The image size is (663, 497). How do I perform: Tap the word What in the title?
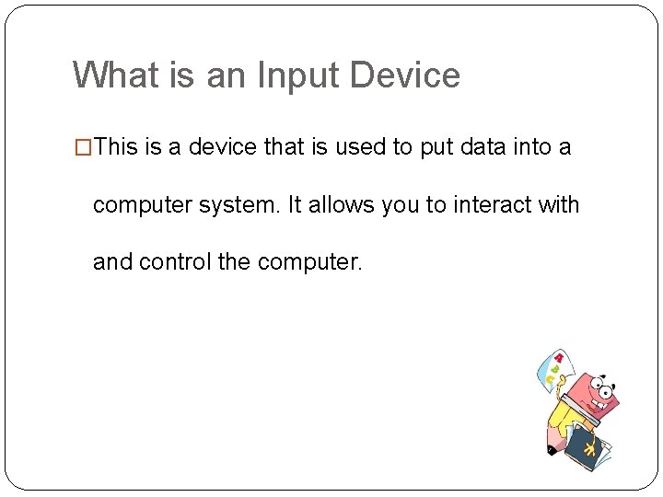tap(117, 75)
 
